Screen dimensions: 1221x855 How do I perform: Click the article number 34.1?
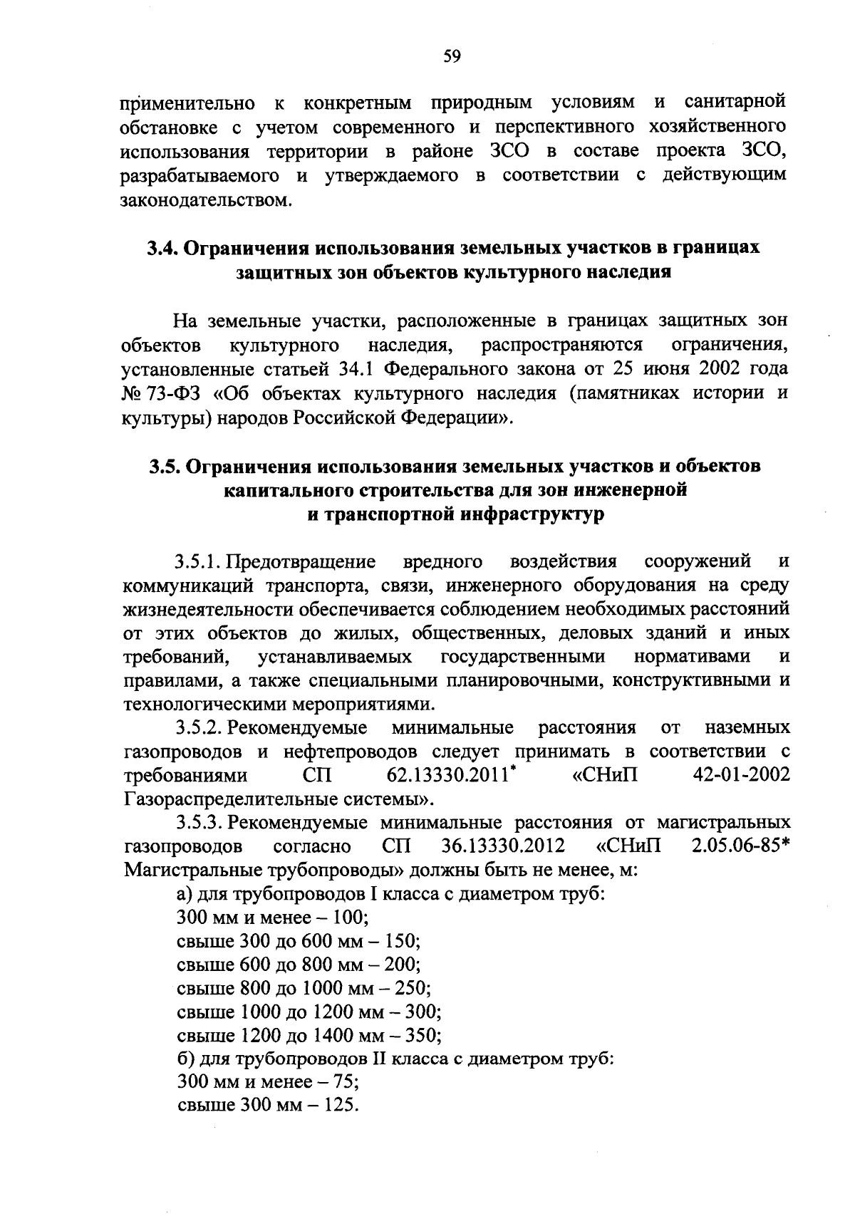tap(350, 369)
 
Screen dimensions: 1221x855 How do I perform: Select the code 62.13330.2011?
tap(448, 775)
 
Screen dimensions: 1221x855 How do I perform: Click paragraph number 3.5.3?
tap(201, 823)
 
